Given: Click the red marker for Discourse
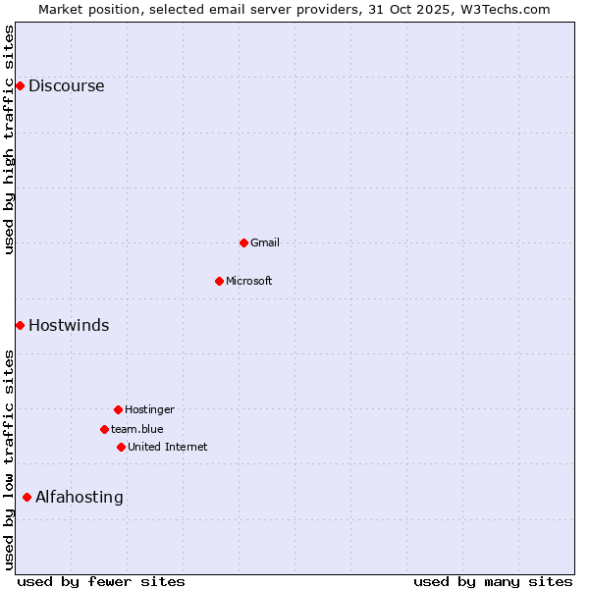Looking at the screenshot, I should [20, 85].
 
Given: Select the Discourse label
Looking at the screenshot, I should [66, 85].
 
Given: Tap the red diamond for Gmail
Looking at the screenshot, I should [243, 242].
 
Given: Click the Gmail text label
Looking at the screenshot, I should [264, 242].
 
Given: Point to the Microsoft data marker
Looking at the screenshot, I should [219, 281].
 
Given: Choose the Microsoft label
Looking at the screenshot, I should [248, 281].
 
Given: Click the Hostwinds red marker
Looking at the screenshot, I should [20, 325].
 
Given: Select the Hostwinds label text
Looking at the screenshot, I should [69, 325].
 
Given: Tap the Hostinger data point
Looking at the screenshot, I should [118, 409].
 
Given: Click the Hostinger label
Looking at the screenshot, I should [149, 409].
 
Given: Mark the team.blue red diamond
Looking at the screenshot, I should [104, 429].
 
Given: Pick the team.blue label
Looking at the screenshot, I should [136, 429].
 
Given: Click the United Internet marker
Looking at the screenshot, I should [121, 447].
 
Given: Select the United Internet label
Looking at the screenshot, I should [167, 447].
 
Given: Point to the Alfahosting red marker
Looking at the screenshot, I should [27, 497].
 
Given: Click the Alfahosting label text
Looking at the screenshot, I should [79, 497].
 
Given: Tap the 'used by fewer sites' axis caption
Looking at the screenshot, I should [101, 581].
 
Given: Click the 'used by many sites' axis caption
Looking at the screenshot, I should [493, 581].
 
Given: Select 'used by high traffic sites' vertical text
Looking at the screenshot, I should [9, 139].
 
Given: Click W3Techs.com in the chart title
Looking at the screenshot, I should [503, 9].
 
